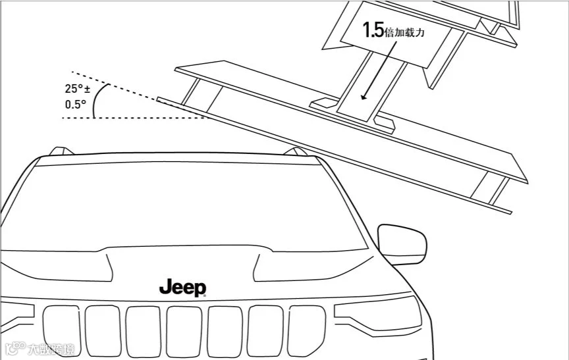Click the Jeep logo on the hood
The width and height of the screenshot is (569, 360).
(x=182, y=288)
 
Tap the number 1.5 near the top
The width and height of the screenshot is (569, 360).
(x=372, y=30)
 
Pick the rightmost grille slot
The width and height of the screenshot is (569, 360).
(x=308, y=329)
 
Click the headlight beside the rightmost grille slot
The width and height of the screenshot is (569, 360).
(x=377, y=309)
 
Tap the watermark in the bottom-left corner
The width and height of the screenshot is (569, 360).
(x=40, y=347)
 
